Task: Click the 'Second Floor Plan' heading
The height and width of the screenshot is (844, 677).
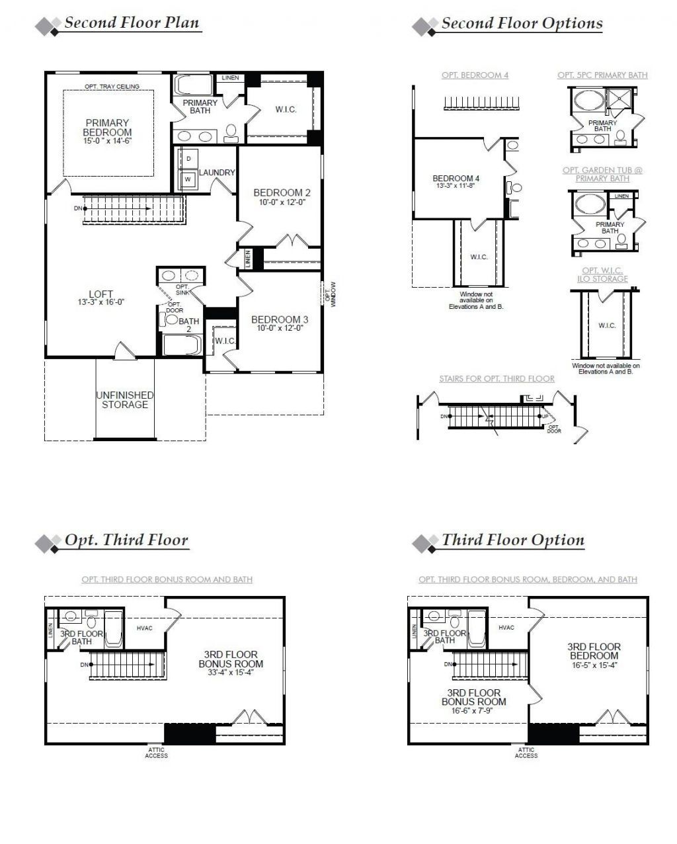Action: [131, 23]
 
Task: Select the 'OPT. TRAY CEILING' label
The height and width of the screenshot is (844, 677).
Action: [111, 87]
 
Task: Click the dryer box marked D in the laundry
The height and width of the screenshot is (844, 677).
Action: [188, 159]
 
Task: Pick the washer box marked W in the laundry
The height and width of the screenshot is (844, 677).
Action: [188, 179]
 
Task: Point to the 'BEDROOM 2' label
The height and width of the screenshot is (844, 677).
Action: [282, 193]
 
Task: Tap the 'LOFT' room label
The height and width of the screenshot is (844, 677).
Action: [100, 294]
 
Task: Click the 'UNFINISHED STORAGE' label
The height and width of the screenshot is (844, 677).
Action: [125, 400]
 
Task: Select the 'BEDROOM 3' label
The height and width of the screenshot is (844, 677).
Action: [279, 319]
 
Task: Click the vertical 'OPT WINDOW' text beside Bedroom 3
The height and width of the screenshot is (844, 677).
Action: [330, 293]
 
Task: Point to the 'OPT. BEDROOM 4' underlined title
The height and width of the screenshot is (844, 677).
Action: [475, 75]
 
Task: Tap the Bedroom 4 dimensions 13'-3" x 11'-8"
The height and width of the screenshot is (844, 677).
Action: [456, 186]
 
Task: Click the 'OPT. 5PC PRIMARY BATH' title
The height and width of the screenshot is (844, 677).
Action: [602, 75]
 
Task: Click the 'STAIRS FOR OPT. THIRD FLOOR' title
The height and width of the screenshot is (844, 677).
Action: [497, 379]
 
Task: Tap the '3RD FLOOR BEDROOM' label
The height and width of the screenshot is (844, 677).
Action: [594, 651]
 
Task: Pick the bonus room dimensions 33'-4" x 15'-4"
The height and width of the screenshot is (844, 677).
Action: [231, 673]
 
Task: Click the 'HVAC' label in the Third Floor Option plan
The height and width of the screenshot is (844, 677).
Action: [506, 628]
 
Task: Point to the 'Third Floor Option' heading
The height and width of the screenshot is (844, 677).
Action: [512, 540]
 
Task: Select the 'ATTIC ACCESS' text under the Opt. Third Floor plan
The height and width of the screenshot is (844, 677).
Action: [157, 753]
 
